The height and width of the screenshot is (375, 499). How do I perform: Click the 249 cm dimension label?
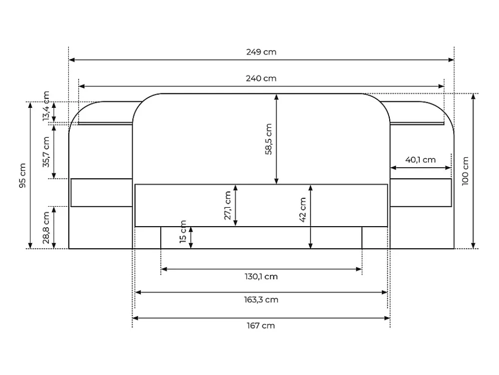[x=261, y=52]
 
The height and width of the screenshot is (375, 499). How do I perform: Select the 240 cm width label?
[x=261, y=78]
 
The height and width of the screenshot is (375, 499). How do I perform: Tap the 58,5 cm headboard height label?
[x=268, y=139]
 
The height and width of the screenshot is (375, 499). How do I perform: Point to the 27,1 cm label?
[x=228, y=205]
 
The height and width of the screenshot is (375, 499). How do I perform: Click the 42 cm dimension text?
[x=303, y=209]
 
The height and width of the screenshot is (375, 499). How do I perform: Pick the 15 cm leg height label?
[x=183, y=231]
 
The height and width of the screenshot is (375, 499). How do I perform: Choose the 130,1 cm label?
[x=261, y=277]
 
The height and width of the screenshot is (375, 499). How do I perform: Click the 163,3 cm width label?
[x=261, y=300]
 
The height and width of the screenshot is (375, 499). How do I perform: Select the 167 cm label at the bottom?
[x=260, y=326]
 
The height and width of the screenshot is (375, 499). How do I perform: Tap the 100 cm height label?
[x=465, y=171]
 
